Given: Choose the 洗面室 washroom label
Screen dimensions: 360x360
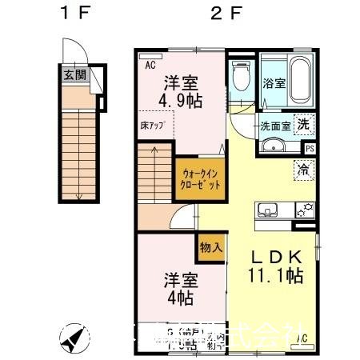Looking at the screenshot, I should click(274, 126).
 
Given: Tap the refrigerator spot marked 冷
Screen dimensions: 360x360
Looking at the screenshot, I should click(304, 169).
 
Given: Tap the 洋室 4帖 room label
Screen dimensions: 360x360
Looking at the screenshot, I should click(182, 290).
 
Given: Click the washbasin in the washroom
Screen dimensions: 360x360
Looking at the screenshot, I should click(274, 146).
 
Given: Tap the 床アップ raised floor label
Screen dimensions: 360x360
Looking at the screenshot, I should click(153, 126).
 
